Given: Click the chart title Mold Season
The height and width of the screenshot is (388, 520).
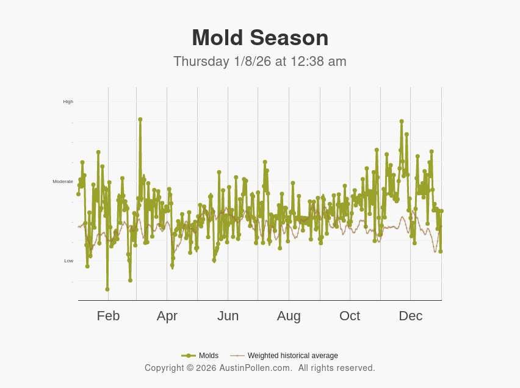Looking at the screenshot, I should click(260, 38).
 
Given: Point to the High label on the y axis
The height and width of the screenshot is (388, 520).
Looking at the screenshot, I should click(68, 101).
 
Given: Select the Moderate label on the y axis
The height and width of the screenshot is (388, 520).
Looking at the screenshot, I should click(63, 181).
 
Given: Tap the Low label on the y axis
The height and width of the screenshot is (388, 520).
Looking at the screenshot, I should click(69, 260).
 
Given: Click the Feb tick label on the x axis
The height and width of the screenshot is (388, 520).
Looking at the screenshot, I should click(108, 316).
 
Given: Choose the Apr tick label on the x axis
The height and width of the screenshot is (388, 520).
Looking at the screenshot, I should click(167, 316).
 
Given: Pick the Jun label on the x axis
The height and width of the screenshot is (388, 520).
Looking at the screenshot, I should click(228, 316).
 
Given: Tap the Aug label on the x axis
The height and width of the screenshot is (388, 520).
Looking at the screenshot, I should click(289, 316).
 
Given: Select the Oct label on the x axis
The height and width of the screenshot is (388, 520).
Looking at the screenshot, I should click(350, 316).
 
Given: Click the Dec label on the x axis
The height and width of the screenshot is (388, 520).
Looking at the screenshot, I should click(410, 316).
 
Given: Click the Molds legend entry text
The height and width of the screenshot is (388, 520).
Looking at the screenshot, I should click(209, 356).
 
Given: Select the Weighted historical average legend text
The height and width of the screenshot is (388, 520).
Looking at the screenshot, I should click(292, 356).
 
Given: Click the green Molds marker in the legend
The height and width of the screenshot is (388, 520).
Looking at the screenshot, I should click(189, 356).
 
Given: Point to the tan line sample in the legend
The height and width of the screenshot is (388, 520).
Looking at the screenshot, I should click(237, 356).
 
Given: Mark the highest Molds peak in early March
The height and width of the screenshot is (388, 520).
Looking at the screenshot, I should click(140, 120).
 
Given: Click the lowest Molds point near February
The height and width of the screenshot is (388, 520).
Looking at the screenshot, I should click(107, 289).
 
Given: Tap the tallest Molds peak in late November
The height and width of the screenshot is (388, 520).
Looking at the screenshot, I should click(402, 121).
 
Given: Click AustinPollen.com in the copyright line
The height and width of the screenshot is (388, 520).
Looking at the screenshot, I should click(256, 368).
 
